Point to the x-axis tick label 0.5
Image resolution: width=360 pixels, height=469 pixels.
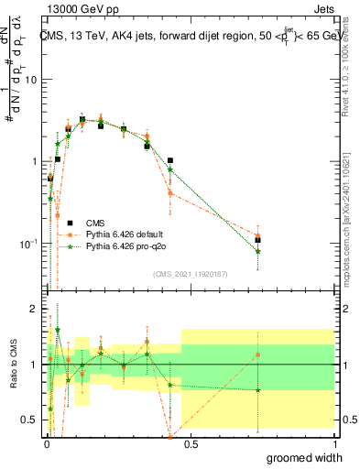point(189,443)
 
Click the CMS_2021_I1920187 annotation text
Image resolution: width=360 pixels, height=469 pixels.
point(190,273)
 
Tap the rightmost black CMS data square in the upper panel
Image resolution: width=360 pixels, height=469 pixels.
point(258,240)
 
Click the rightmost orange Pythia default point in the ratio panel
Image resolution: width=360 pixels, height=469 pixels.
point(258,354)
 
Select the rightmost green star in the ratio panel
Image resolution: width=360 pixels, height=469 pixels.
point(258,390)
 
